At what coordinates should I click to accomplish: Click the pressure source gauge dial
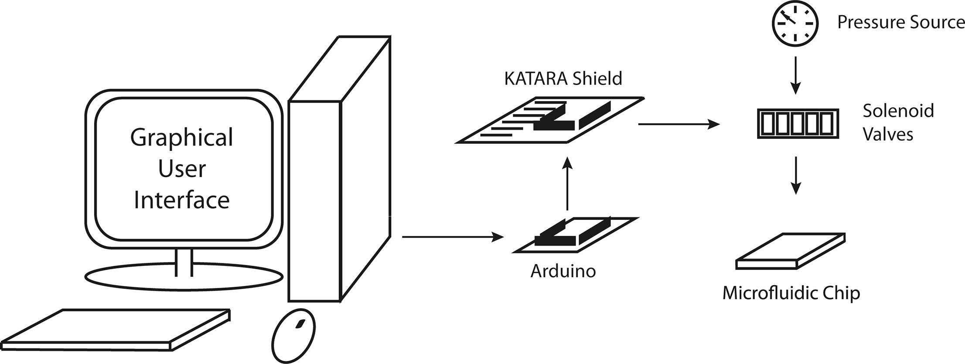click(x=795, y=24)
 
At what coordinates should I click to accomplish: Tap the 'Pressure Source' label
click(x=900, y=22)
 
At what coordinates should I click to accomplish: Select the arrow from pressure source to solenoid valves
click(x=795, y=75)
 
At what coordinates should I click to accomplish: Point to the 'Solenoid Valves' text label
click(x=897, y=122)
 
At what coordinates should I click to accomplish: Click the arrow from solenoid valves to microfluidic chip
click(x=796, y=175)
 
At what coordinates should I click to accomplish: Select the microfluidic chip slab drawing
click(x=791, y=252)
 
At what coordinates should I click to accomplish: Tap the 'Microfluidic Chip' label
click(x=791, y=293)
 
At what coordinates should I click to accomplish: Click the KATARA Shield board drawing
click(x=549, y=120)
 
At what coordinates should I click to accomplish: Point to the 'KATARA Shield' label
click(x=563, y=78)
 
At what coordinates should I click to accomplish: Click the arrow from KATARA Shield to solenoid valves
click(x=679, y=125)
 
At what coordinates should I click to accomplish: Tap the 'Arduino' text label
click(x=563, y=271)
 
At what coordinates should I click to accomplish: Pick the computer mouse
click(x=293, y=336)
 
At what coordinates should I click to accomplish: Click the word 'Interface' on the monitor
click(x=181, y=201)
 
